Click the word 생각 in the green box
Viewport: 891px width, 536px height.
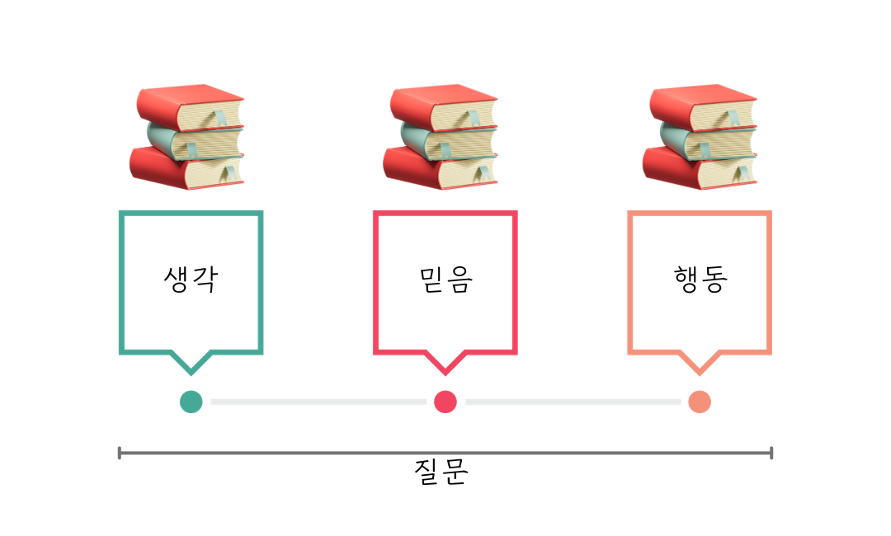pyautogui.click(x=191, y=280)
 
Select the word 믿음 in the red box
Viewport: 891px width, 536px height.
pyautogui.click(x=445, y=280)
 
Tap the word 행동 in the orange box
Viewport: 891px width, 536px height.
pyautogui.click(x=700, y=280)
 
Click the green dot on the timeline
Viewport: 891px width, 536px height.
pyautogui.click(x=191, y=402)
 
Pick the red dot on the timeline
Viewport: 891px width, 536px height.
pyautogui.click(x=445, y=402)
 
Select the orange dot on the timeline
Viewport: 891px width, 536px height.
pyautogui.click(x=700, y=402)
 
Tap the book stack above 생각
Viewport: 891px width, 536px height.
pyautogui.click(x=189, y=137)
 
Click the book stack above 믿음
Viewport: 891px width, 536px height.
pyautogui.click(x=443, y=137)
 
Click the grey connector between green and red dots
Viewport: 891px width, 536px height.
pyautogui.click(x=318, y=402)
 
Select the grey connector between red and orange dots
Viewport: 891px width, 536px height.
pyautogui.click(x=573, y=402)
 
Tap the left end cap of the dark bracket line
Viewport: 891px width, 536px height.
pyautogui.click(x=120, y=453)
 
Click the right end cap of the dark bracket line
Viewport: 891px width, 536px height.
pyautogui.click(x=771, y=453)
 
